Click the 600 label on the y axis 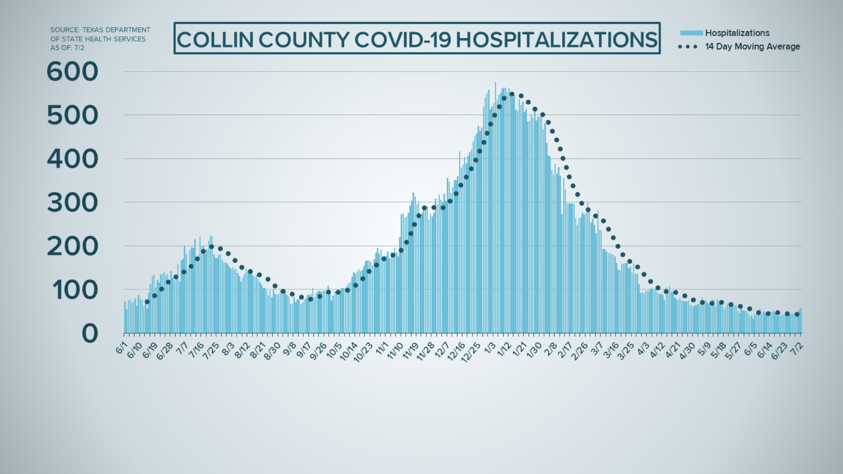[x=72, y=72]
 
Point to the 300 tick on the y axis [x=72, y=203]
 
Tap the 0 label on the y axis [x=90, y=334]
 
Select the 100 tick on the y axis [x=75, y=290]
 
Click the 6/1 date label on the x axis [x=122, y=348]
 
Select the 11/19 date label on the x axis [x=410, y=351]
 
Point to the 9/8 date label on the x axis [x=289, y=349]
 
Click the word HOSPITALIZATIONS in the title [x=556, y=39]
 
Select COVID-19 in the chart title [x=403, y=39]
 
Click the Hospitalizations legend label [x=737, y=33]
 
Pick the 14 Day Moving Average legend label [x=753, y=47]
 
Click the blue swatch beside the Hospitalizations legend [x=691, y=33]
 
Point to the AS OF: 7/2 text [x=67, y=48]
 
